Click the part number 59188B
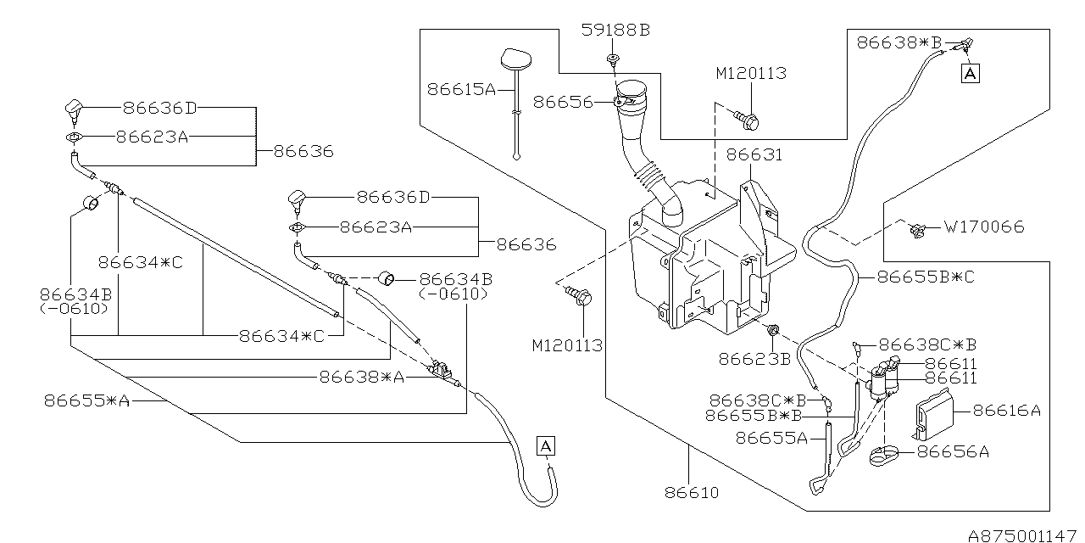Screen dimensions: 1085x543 click(615, 30)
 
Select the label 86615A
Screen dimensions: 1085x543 click(462, 90)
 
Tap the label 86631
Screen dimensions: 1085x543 click(754, 154)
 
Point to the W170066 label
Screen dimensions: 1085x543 click(984, 227)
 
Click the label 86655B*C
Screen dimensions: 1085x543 click(926, 277)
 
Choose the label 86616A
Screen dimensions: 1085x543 click(1006, 411)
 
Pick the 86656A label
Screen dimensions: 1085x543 click(953, 452)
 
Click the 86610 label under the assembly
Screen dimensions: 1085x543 click(692, 493)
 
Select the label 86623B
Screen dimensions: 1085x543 click(754, 359)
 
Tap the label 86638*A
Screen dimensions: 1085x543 click(361, 378)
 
